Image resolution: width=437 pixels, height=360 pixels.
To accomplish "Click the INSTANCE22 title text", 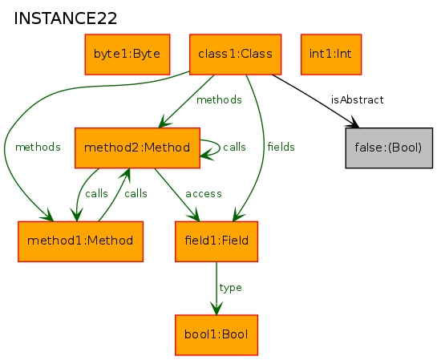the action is [65, 18].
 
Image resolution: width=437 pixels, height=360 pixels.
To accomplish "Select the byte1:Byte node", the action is [127, 55].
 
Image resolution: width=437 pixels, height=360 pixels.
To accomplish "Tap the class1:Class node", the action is [235, 55].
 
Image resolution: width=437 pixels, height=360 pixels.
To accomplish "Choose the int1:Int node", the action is [331, 55].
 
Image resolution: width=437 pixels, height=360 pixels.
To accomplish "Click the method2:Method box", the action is [137, 148].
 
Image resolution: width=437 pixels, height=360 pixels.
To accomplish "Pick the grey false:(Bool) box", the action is [389, 148].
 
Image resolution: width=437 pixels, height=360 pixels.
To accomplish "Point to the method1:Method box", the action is [80, 241].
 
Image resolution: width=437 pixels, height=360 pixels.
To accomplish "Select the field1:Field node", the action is [216, 241].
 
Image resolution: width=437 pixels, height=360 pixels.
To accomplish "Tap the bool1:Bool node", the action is [216, 335].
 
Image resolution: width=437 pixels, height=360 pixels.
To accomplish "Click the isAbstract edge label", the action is [358, 99].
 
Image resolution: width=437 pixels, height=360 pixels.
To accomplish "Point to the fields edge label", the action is [281, 147].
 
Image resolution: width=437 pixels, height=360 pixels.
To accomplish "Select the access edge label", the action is [204, 194].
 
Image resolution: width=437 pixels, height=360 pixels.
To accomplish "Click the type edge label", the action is [230, 288].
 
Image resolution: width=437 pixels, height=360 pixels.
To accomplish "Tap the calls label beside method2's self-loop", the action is [234, 147].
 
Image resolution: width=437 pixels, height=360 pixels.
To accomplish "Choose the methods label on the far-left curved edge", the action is [38, 147].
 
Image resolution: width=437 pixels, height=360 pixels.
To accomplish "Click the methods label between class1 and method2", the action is [219, 99].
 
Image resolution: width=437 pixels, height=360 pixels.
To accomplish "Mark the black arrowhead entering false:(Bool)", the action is [354, 122].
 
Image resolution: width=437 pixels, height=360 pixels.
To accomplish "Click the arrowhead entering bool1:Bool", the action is [216, 309].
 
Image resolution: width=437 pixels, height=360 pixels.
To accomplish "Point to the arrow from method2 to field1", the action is [177, 195].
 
